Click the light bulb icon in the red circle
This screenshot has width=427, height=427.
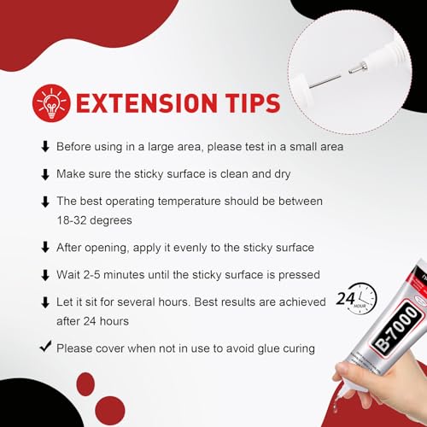click(51, 102)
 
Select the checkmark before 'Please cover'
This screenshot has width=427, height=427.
click(45, 346)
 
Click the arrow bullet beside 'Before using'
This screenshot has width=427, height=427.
click(45, 147)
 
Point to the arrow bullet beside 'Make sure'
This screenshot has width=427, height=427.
click(45, 174)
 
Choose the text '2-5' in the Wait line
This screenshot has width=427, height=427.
click(91, 275)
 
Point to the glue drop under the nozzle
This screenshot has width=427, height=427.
click(336, 407)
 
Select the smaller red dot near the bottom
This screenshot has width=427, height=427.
click(85, 384)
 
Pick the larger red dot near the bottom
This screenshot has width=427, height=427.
click(110, 411)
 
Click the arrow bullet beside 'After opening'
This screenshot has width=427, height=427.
click(45, 248)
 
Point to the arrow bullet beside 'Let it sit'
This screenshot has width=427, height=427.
click(45, 302)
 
